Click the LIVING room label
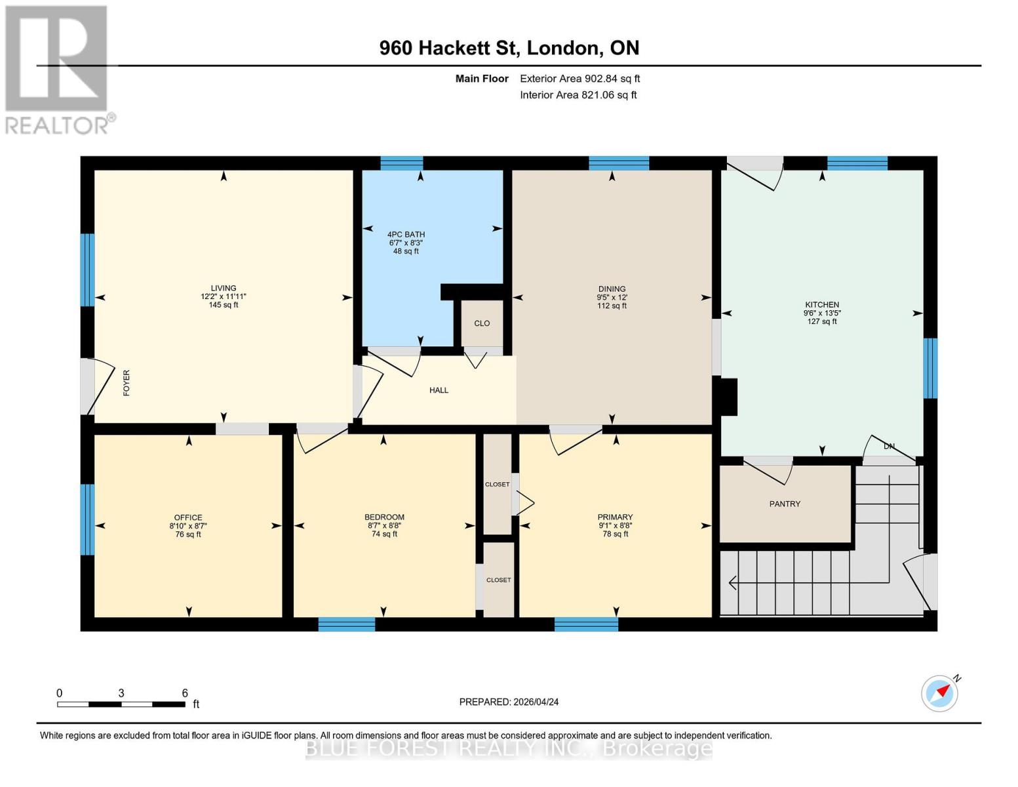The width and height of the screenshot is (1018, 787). [x=223, y=288]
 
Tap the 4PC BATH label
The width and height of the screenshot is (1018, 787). [x=406, y=234]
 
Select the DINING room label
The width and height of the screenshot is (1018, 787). [x=612, y=289]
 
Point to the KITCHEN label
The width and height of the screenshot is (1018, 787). [x=821, y=304]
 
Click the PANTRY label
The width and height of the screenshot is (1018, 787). [x=785, y=504]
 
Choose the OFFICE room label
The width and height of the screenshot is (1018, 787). [x=188, y=517]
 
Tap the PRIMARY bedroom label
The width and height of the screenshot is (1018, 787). [x=615, y=517]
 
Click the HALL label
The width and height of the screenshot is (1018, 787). [x=439, y=390]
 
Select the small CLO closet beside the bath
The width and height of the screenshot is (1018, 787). [x=482, y=323]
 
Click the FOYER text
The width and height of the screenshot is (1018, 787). [x=127, y=382]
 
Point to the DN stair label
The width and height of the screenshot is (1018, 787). [x=889, y=447]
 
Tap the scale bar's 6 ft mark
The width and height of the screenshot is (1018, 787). [x=185, y=693]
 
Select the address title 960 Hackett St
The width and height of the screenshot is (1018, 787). [x=509, y=48]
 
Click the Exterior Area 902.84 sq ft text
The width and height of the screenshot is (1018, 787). [x=579, y=79]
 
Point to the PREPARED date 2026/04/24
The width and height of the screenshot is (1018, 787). [x=509, y=702]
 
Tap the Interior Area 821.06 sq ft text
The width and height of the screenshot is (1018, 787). [x=578, y=95]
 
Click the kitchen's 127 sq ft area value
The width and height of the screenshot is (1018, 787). [x=821, y=321]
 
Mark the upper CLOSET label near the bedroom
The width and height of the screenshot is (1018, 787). [x=497, y=485]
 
